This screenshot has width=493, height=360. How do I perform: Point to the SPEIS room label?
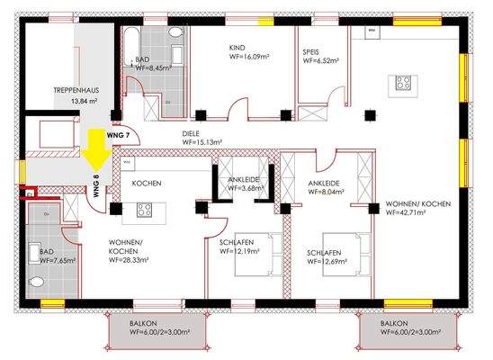pos(311,52)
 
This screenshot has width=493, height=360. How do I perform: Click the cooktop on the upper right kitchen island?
pos(401,85)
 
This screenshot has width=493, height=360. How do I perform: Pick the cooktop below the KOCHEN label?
pos(144,210)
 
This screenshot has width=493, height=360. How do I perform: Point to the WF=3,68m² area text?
pos(246,189)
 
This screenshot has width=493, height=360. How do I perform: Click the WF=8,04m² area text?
pos(327,191)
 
